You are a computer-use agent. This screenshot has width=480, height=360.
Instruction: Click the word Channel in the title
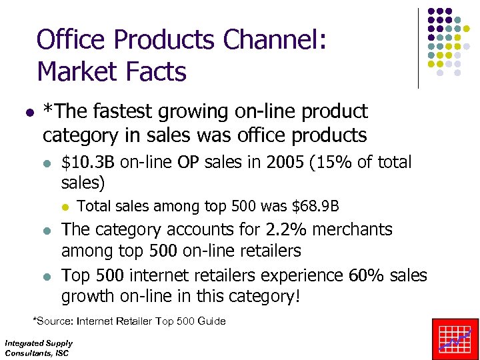(x=273, y=39)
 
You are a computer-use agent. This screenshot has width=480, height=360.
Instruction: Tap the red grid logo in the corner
(x=455, y=339)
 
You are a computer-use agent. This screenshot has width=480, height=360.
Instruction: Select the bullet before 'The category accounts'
(x=45, y=230)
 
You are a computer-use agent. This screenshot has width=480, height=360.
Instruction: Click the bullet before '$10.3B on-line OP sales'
(x=45, y=163)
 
